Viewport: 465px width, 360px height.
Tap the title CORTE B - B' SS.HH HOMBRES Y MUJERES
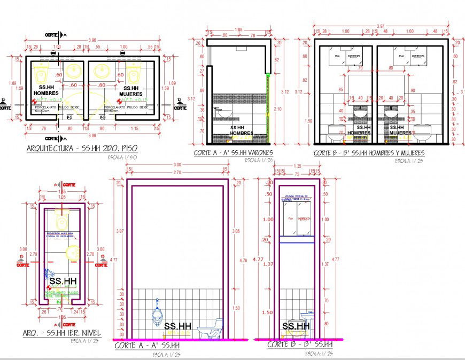369,153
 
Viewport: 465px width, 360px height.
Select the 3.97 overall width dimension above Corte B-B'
380,26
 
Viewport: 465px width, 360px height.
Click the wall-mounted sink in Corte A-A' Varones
224,113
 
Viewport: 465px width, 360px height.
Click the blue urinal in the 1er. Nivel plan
47,273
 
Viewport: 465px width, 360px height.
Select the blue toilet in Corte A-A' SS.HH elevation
209,328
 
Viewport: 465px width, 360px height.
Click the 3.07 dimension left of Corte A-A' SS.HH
119,231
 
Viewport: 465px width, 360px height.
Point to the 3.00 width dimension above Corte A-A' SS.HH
176,165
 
